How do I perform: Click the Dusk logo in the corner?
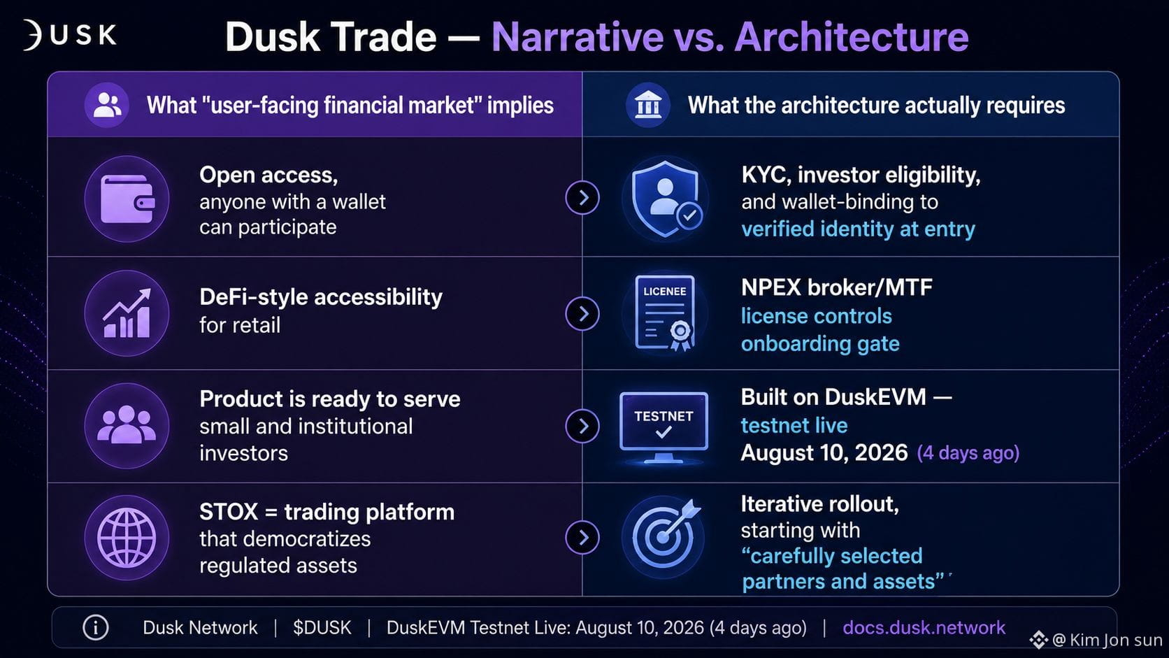(x=70, y=35)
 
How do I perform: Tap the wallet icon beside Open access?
(x=127, y=199)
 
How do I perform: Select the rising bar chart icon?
(x=127, y=313)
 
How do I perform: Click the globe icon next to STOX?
(x=127, y=538)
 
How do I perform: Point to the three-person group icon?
(x=127, y=425)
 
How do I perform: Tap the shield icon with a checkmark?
(x=666, y=199)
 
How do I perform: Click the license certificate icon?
(x=665, y=313)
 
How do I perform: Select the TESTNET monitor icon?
(x=664, y=427)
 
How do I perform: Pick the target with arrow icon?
(x=664, y=536)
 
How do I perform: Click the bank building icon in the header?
(x=647, y=105)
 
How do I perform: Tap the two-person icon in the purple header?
(x=107, y=105)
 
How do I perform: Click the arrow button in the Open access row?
(x=582, y=198)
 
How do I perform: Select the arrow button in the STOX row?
(x=582, y=537)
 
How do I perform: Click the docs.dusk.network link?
(x=924, y=627)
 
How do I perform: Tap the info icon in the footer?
(x=96, y=627)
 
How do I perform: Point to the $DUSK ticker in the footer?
(x=322, y=627)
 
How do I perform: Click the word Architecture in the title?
(x=852, y=36)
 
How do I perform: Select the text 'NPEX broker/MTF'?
(x=837, y=287)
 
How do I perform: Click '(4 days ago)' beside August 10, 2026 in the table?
(x=968, y=452)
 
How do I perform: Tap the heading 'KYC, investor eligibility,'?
(x=861, y=175)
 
